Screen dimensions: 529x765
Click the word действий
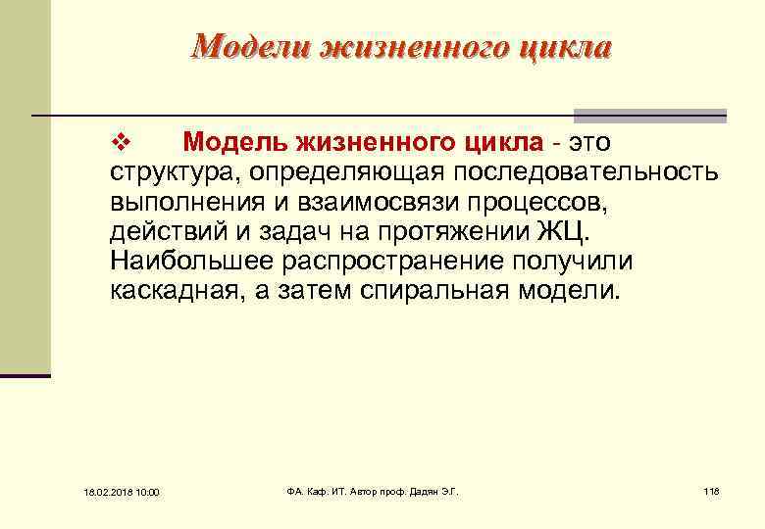coord(162,233)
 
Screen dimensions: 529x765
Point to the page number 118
coord(711,490)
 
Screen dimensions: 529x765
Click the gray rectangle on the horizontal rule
coord(649,115)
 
